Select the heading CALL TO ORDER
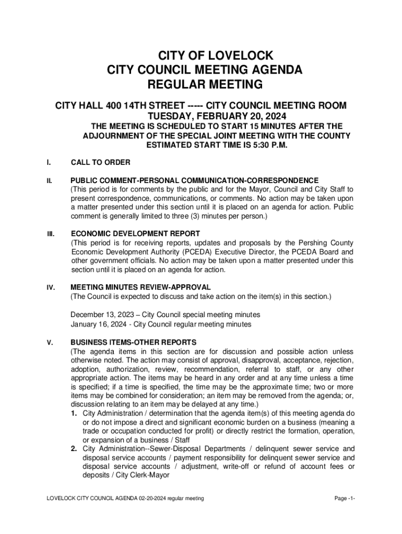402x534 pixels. [100, 163]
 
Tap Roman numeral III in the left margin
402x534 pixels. [51, 234]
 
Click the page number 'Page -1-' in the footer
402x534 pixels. [345, 499]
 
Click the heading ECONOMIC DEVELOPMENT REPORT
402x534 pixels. [135, 234]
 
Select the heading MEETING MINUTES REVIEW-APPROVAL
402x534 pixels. [140, 287]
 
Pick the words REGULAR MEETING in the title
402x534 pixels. [201, 84]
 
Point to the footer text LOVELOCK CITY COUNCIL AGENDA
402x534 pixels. [92, 499]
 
